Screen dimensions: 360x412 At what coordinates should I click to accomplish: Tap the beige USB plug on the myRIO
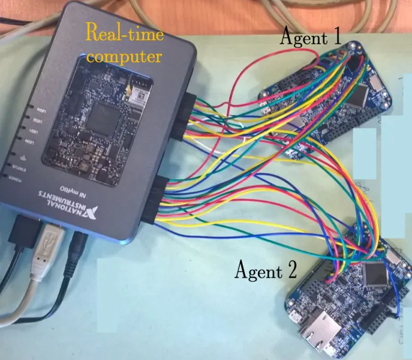[46, 247]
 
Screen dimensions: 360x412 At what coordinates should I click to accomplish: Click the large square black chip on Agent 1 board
[360, 94]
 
